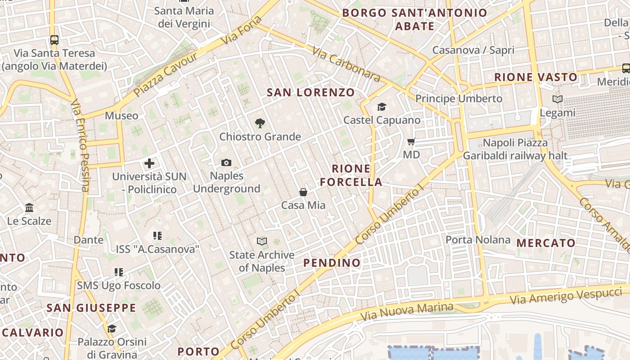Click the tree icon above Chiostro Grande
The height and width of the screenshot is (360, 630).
[260, 123]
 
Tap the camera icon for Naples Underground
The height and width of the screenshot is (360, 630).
[226, 162]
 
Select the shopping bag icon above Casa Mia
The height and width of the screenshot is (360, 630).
[303, 192]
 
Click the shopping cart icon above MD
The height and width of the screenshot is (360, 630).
[411, 142]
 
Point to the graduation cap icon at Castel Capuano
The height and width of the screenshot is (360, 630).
[382, 107]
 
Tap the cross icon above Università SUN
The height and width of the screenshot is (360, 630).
[149, 163]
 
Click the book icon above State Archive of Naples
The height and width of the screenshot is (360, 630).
[261, 242]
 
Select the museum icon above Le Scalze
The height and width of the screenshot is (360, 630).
[30, 208]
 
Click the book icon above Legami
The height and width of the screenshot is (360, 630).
[557, 99]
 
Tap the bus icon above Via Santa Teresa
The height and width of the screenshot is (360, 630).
[54, 40]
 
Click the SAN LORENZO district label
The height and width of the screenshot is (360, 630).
[311, 93]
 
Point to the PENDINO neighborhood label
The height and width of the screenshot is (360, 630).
[332, 263]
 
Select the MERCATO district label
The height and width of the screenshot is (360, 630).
[546, 243]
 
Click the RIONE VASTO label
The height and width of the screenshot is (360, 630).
[536, 77]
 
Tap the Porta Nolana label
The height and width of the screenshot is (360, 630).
[478, 240]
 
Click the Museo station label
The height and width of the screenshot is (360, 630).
[121, 116]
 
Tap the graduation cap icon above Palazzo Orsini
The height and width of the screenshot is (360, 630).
[112, 328]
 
